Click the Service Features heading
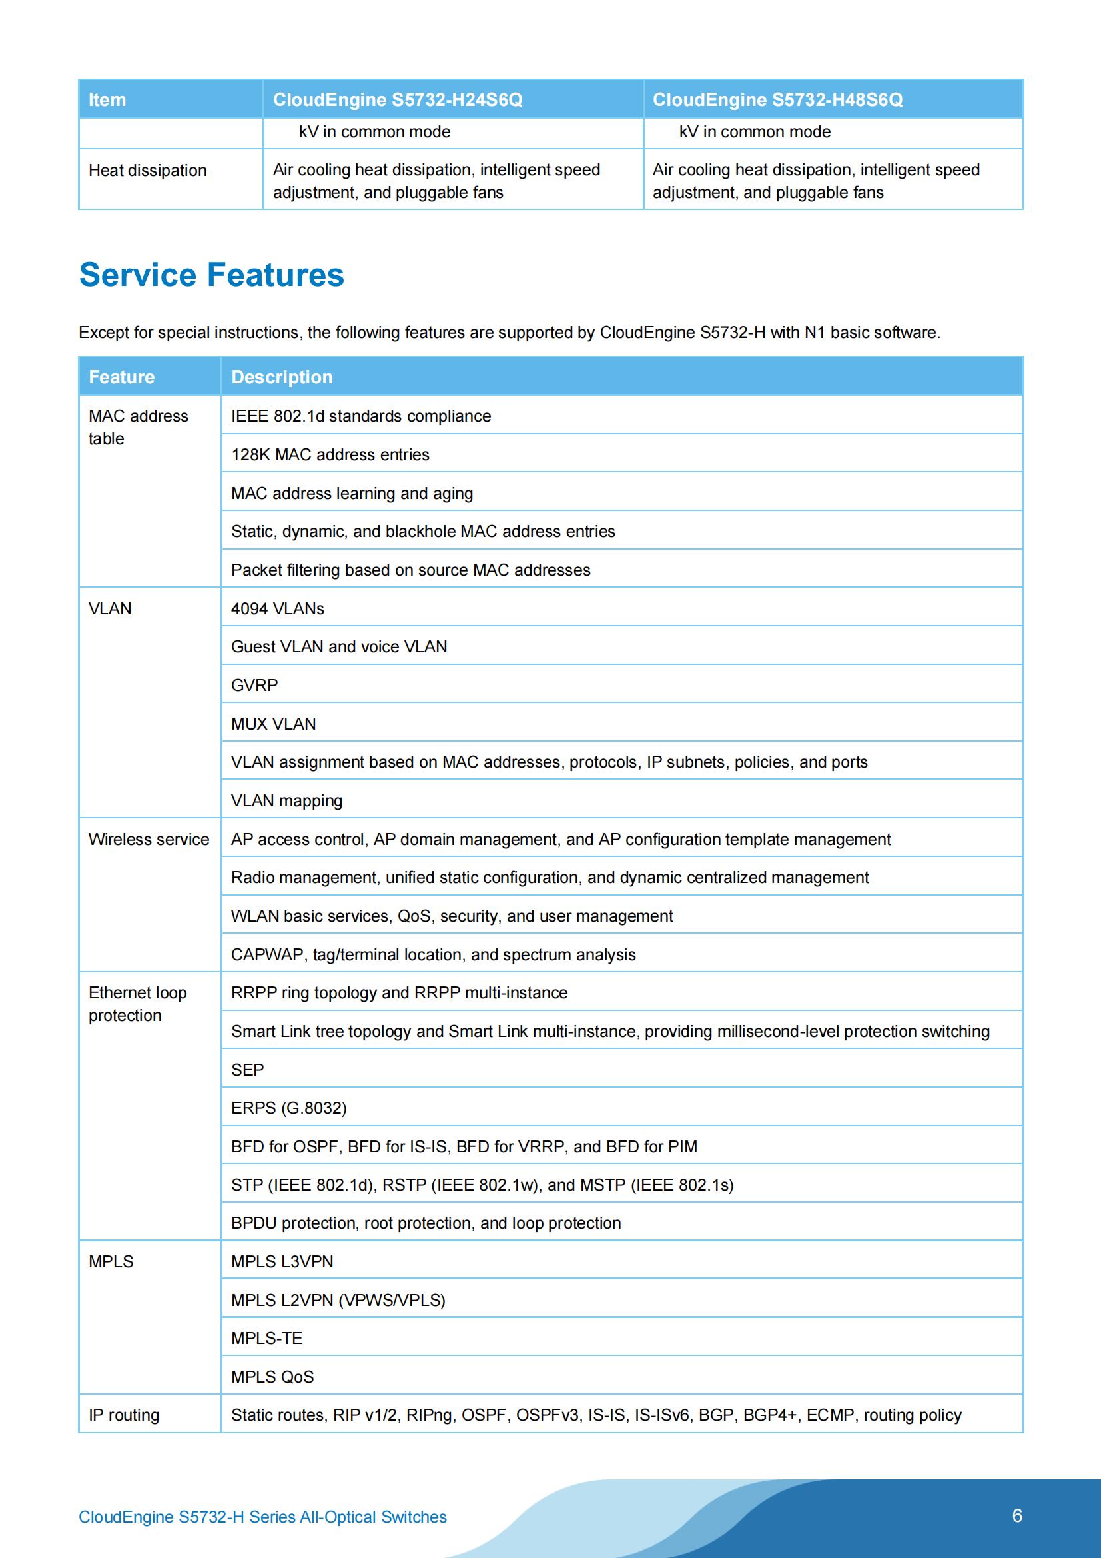pos(212,275)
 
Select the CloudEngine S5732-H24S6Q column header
pos(398,100)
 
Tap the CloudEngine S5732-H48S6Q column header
pos(777,100)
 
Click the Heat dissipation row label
pos(148,171)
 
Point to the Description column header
pos(282,377)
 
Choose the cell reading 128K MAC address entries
pos(330,454)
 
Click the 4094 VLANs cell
pos(278,608)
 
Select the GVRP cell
pos(254,685)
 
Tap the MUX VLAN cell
pos(273,724)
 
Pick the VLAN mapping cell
pos(287,801)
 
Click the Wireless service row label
pos(149,840)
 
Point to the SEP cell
pos(248,1070)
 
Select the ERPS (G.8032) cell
pos(289,1108)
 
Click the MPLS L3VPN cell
pos(282,1262)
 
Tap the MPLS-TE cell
pos(266,1339)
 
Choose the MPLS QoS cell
pos(272,1377)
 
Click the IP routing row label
pos(124,1415)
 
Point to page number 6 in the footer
pos(1017,1516)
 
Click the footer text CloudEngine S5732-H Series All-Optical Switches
pos(262,1517)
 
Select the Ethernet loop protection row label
pos(138,1004)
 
